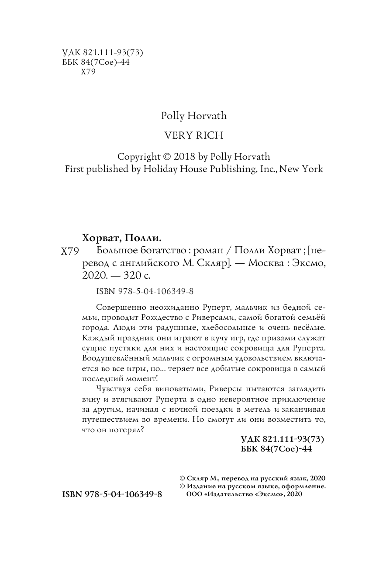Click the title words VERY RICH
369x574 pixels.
[193, 136]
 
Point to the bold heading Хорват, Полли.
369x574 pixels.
[121, 238]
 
